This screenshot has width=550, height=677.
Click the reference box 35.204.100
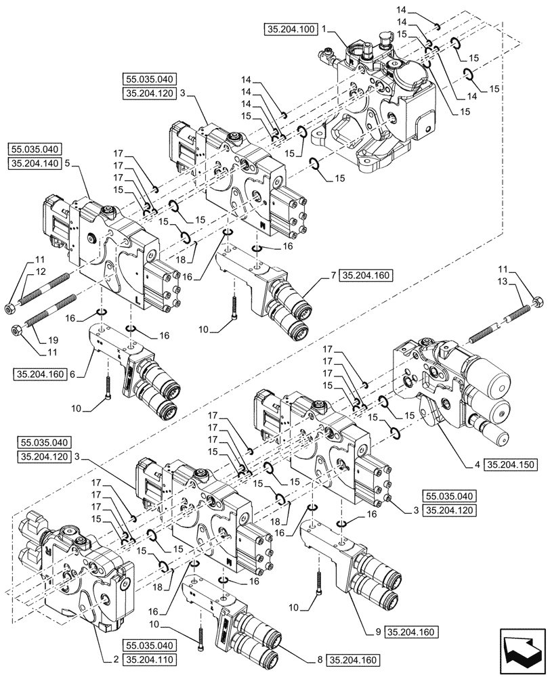291,30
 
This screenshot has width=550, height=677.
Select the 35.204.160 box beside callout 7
366,275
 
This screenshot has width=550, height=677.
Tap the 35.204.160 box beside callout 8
353,659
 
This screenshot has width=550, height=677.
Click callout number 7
334,275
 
